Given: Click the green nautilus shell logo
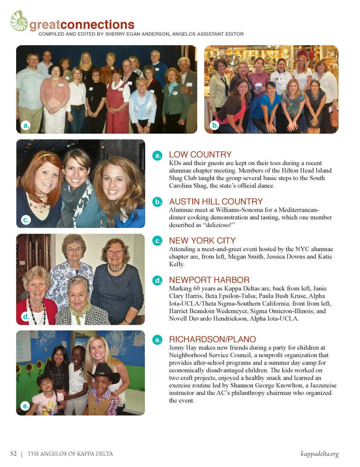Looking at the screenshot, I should click(19, 21).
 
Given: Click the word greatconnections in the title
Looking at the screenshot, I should click(82, 25).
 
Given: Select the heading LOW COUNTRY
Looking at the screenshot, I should click(200, 154).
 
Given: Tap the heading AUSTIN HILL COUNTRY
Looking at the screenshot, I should click(216, 201).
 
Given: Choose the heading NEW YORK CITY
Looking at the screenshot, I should click(202, 241).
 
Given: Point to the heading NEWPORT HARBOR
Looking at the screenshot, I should click(209, 280).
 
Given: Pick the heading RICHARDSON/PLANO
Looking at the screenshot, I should click(212, 339).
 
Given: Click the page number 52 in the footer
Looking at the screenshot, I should click(13, 454).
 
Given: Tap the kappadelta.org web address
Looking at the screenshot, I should click(319, 454).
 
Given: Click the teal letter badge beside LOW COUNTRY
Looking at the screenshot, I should click(157, 155).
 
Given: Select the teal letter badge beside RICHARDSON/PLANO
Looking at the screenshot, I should click(157, 340).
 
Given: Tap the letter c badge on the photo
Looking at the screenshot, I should click(26, 220).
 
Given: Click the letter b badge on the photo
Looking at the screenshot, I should click(215, 125).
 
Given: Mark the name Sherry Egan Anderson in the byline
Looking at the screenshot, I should click(137, 34).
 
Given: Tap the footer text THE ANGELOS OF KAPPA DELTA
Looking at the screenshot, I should click(70, 454).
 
